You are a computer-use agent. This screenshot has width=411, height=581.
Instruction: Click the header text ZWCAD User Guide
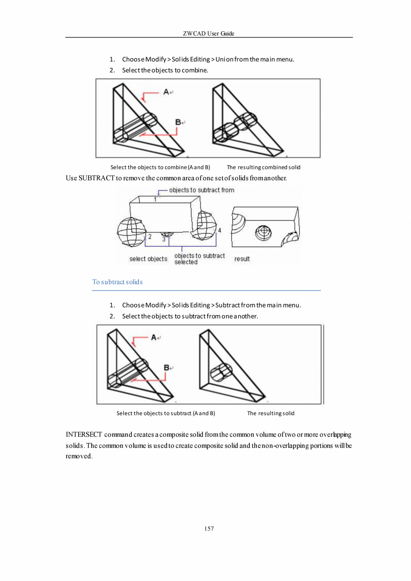209,34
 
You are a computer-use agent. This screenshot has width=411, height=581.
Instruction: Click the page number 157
209,529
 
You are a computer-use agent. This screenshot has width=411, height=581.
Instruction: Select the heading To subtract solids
117,282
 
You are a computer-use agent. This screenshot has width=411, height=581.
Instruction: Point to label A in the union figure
166,92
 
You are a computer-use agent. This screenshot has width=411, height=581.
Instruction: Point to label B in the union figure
178,122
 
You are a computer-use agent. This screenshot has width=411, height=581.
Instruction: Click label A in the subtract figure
154,338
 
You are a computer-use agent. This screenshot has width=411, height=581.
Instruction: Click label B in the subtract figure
167,367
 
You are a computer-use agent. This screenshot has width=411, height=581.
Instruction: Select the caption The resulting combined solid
263,168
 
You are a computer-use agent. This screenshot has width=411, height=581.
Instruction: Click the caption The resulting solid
271,413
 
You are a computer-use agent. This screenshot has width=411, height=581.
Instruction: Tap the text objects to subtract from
201,190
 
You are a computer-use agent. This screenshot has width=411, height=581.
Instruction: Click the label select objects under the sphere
148,259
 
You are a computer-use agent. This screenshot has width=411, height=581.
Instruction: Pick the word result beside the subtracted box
242,259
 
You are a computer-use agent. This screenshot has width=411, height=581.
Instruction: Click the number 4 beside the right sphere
219,230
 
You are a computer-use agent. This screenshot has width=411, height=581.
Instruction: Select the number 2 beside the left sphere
150,236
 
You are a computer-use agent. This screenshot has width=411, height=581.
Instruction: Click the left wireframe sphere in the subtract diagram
129,231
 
